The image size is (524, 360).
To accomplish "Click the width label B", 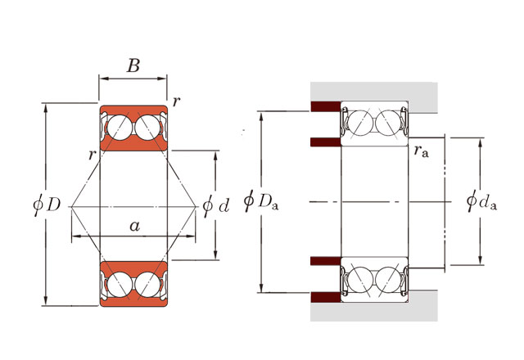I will click(x=133, y=66).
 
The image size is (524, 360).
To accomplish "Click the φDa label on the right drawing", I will click(x=262, y=201).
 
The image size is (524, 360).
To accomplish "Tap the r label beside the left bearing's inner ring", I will click(x=93, y=154).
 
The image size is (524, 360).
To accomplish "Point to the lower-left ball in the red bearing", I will click(x=119, y=283).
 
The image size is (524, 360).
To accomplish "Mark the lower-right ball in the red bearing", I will click(x=147, y=283).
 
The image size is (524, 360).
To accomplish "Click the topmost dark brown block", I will click(x=325, y=106).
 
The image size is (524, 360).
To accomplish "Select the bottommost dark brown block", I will click(x=325, y=296).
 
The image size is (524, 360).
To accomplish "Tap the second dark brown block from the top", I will click(x=325, y=142).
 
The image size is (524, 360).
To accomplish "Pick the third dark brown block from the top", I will click(x=325, y=261).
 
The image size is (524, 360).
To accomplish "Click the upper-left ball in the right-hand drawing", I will click(x=360, y=124).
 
